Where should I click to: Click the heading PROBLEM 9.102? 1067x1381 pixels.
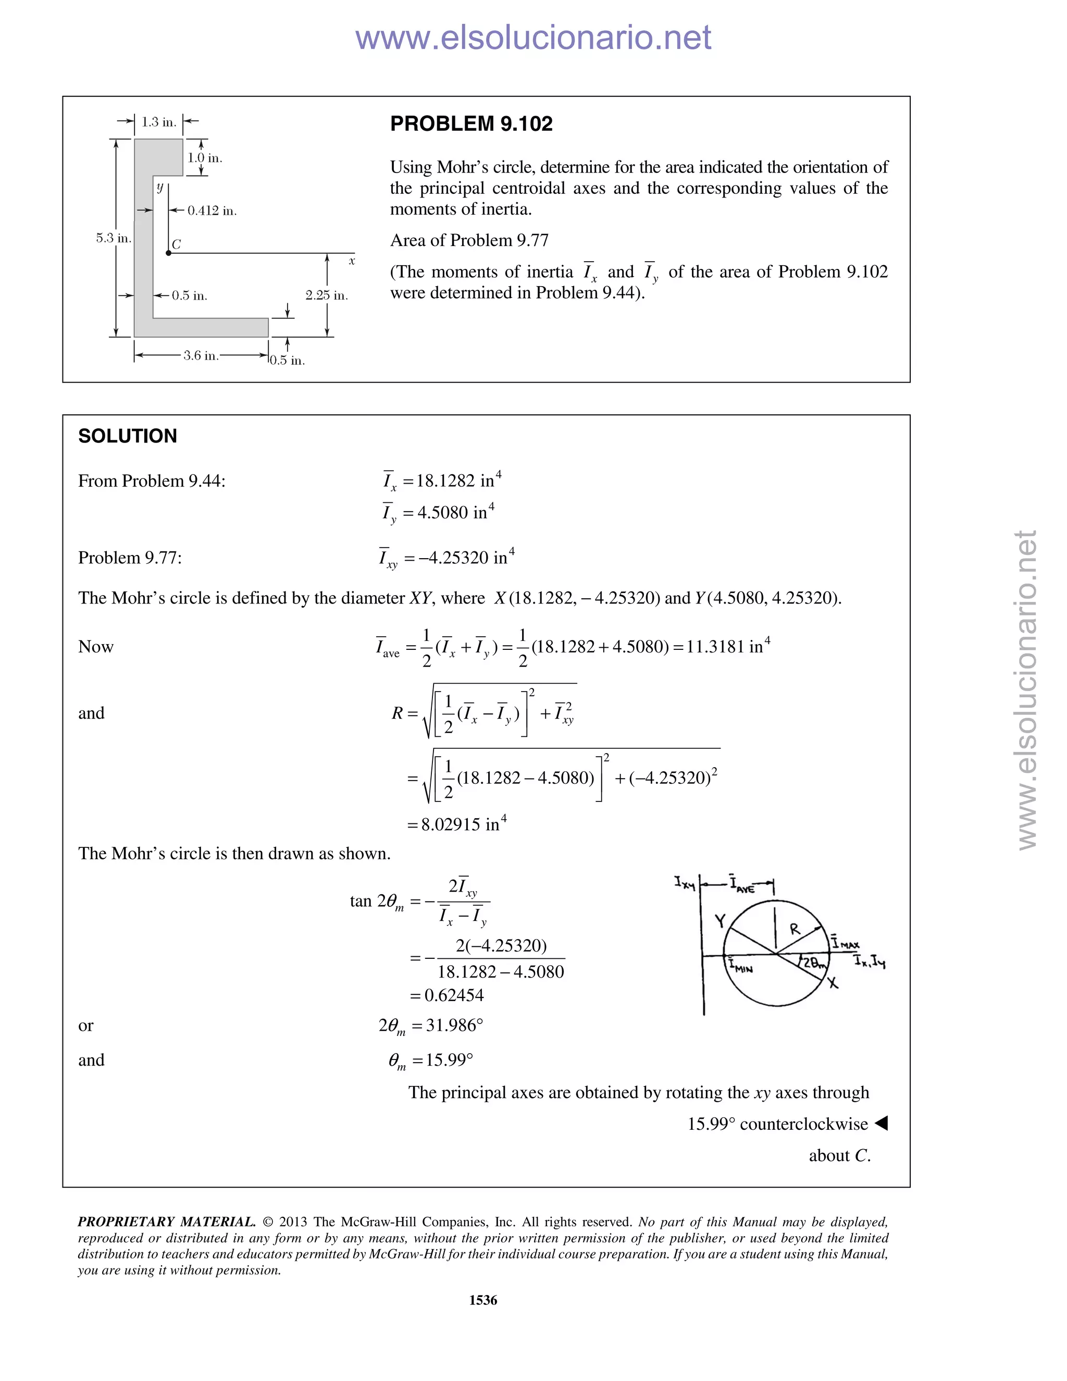(x=471, y=124)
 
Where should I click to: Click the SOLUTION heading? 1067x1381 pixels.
(x=128, y=436)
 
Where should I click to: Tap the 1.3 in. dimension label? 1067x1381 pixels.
(x=158, y=122)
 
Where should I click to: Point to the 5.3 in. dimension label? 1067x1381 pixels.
(x=114, y=238)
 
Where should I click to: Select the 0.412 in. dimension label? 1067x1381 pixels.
(x=212, y=211)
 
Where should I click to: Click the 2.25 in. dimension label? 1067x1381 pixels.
(x=326, y=295)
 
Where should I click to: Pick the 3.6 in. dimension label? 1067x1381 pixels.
(x=201, y=355)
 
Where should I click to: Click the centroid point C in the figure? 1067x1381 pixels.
(x=168, y=253)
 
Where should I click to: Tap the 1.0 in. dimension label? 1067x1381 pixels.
(x=205, y=158)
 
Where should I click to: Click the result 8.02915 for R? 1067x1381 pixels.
(x=451, y=825)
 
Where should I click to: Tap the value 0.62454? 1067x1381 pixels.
(x=453, y=996)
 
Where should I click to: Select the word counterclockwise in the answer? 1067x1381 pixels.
(x=803, y=1124)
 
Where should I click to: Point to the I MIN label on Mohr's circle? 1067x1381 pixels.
(x=740, y=967)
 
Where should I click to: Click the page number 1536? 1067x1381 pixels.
(x=483, y=1300)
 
